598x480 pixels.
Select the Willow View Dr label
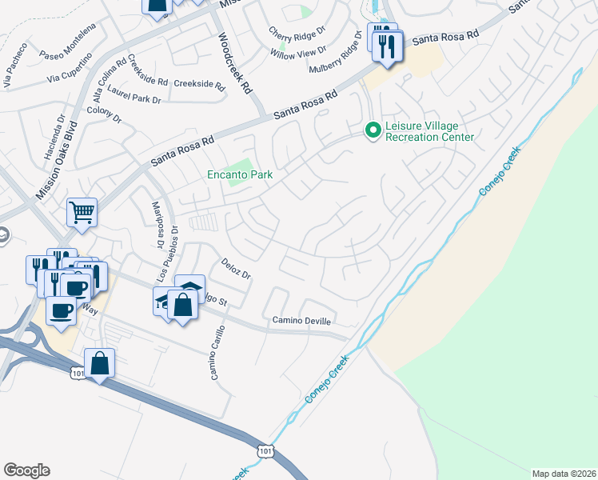click(298, 53)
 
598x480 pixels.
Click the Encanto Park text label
click(240, 174)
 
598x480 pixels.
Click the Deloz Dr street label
click(237, 269)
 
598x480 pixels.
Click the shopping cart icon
click(82, 213)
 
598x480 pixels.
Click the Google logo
click(26, 470)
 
